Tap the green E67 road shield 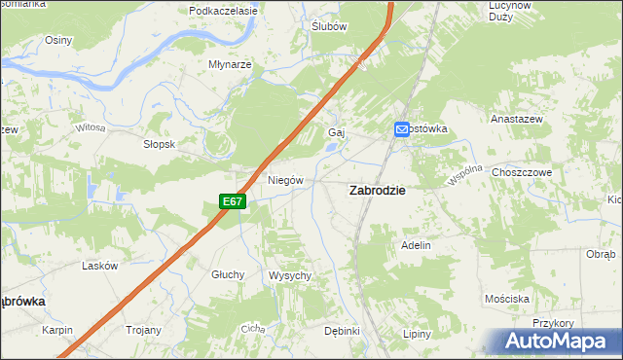[x=231, y=201]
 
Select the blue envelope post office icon [x=401, y=128]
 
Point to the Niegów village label [x=286, y=180]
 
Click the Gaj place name [x=338, y=131]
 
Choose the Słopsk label [x=159, y=143]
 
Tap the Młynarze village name [x=231, y=64]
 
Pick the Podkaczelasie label [x=223, y=11]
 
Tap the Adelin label [x=416, y=245]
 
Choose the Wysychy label [x=289, y=275]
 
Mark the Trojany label [x=142, y=330]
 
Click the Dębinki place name [x=343, y=331]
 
